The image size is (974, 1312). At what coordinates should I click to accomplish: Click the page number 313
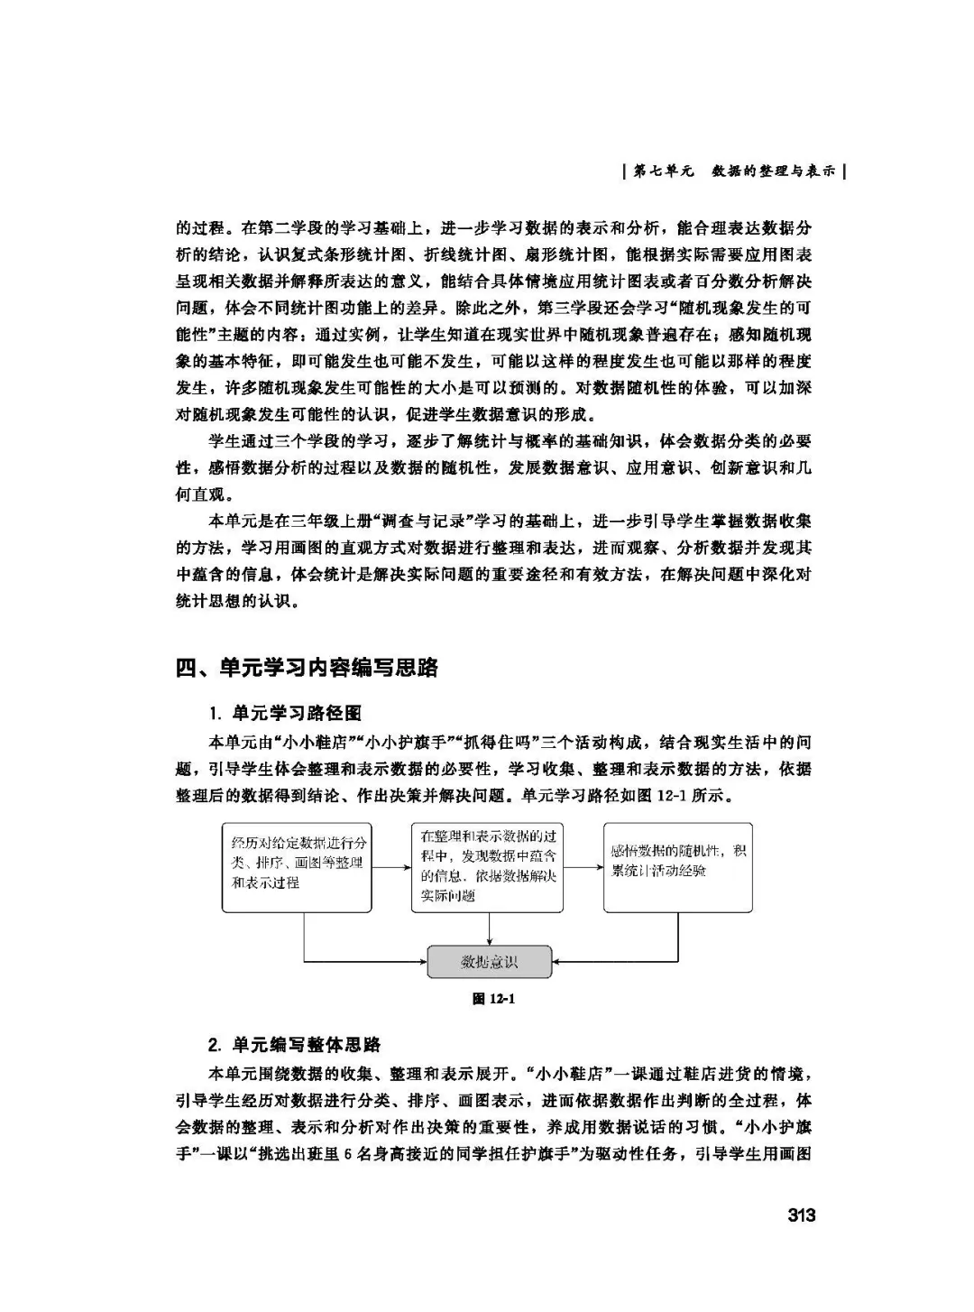(x=800, y=1215)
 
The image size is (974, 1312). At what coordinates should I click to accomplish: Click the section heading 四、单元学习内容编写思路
(x=307, y=668)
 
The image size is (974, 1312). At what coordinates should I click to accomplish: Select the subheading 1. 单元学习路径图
(x=285, y=713)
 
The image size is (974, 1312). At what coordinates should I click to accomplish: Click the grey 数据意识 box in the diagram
(x=489, y=962)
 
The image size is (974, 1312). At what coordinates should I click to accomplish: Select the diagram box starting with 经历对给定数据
(x=298, y=866)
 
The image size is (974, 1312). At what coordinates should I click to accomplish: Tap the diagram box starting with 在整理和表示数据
(x=488, y=866)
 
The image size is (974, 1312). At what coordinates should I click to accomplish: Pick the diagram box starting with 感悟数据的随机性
(x=677, y=866)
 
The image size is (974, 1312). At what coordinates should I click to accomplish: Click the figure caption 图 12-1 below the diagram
(x=493, y=999)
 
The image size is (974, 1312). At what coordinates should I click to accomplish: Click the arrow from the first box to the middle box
(x=391, y=867)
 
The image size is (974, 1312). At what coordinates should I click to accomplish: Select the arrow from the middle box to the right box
(x=583, y=867)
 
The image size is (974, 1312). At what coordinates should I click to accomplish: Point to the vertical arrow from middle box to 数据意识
(x=489, y=929)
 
